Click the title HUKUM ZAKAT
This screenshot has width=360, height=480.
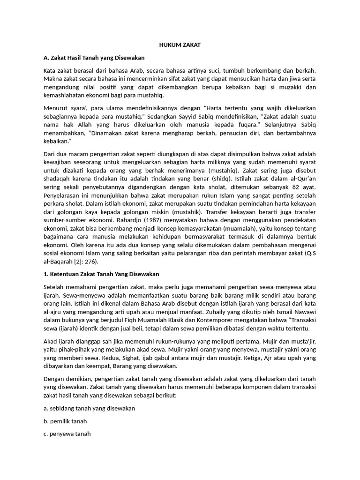click(180, 45)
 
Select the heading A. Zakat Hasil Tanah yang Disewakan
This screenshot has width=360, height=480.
click(94, 58)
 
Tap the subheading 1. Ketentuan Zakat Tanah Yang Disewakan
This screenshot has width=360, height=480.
click(101, 273)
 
